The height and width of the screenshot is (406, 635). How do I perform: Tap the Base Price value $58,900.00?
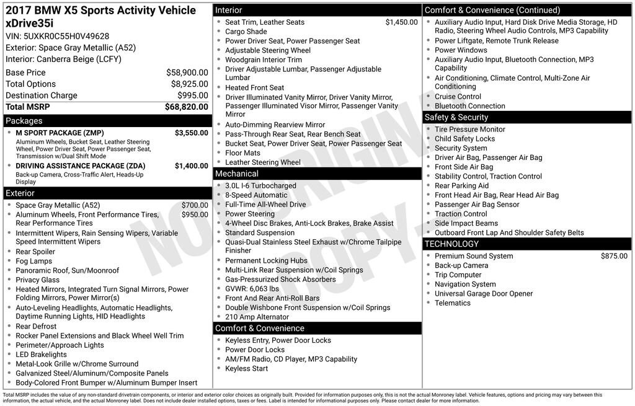click(x=187, y=73)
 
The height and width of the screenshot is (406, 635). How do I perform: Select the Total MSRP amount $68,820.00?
click(x=186, y=107)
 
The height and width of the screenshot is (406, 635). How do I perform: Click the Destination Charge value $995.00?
click(x=192, y=95)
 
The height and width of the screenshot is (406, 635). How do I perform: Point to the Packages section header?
click(x=24, y=121)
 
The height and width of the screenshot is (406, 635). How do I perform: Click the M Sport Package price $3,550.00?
click(x=192, y=133)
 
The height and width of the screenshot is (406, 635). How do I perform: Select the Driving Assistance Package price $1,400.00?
click(x=192, y=166)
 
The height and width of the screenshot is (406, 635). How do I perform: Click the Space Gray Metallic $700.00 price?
click(x=195, y=205)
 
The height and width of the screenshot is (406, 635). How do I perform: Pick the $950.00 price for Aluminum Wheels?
click(x=195, y=214)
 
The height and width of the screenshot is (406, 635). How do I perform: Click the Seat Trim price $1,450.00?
click(x=401, y=22)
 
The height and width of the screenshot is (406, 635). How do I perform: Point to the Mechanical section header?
click(x=237, y=174)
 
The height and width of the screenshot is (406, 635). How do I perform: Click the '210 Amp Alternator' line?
click(x=257, y=317)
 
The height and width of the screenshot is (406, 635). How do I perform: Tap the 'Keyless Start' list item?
click(x=246, y=369)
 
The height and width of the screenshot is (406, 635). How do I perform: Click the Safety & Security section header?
click(x=456, y=117)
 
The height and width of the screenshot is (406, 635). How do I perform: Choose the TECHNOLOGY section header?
click(x=452, y=244)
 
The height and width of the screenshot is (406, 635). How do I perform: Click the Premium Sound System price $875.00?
click(x=614, y=256)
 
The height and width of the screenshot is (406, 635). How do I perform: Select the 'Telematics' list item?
click(x=453, y=303)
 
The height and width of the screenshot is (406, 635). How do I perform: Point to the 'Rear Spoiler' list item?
click(x=35, y=252)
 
